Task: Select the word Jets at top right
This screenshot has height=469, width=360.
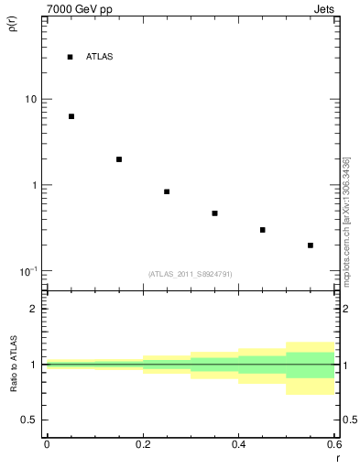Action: point(325,10)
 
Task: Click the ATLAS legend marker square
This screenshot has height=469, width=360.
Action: point(70,57)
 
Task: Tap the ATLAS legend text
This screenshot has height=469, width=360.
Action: point(99,57)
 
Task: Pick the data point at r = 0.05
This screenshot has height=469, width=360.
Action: point(71,116)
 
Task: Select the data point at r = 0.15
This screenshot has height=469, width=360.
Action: point(118,159)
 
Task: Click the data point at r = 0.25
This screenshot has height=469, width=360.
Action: point(167,191)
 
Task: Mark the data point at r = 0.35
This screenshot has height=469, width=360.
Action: point(214,213)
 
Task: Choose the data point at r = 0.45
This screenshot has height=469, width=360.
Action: point(263,230)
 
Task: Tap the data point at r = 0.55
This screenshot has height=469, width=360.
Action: point(311,245)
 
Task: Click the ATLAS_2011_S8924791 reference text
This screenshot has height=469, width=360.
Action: point(190,274)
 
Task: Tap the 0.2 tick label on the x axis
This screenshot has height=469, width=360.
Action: point(142,444)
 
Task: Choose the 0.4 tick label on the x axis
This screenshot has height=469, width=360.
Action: point(238,444)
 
